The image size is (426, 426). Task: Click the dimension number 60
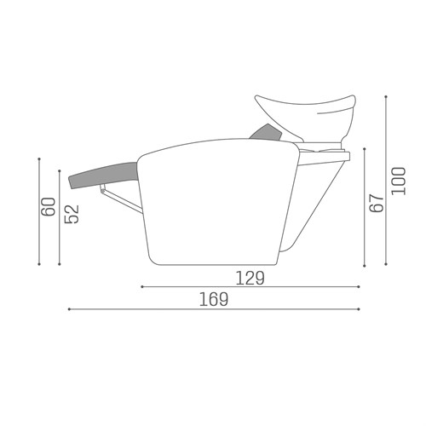coord(48,206)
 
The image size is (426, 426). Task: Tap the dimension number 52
coord(72,214)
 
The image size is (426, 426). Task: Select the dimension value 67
coord(377,204)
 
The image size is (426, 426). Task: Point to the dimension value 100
coord(399,181)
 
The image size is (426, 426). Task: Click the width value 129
coord(250,278)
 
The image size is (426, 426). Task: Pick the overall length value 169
coord(214,299)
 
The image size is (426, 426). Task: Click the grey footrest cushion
coord(103,175)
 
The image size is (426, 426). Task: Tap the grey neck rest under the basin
coord(266,133)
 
